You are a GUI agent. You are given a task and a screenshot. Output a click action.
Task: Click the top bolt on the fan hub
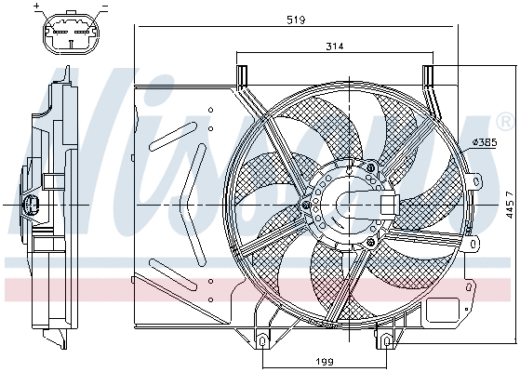[372, 167]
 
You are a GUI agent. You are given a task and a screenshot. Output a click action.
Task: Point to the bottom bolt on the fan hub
[371, 242]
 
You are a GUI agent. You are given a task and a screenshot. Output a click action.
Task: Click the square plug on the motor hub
[386, 205]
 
